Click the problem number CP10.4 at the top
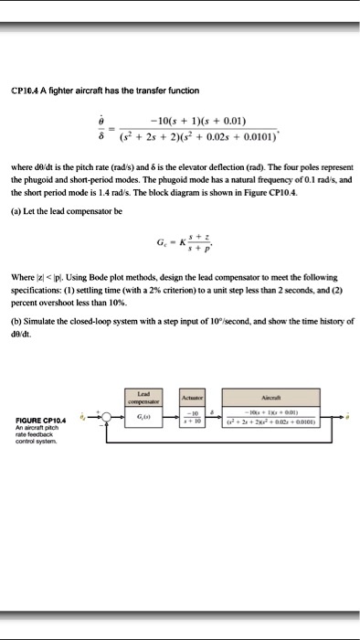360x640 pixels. (26, 90)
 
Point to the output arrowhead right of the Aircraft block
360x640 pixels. (340, 418)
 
